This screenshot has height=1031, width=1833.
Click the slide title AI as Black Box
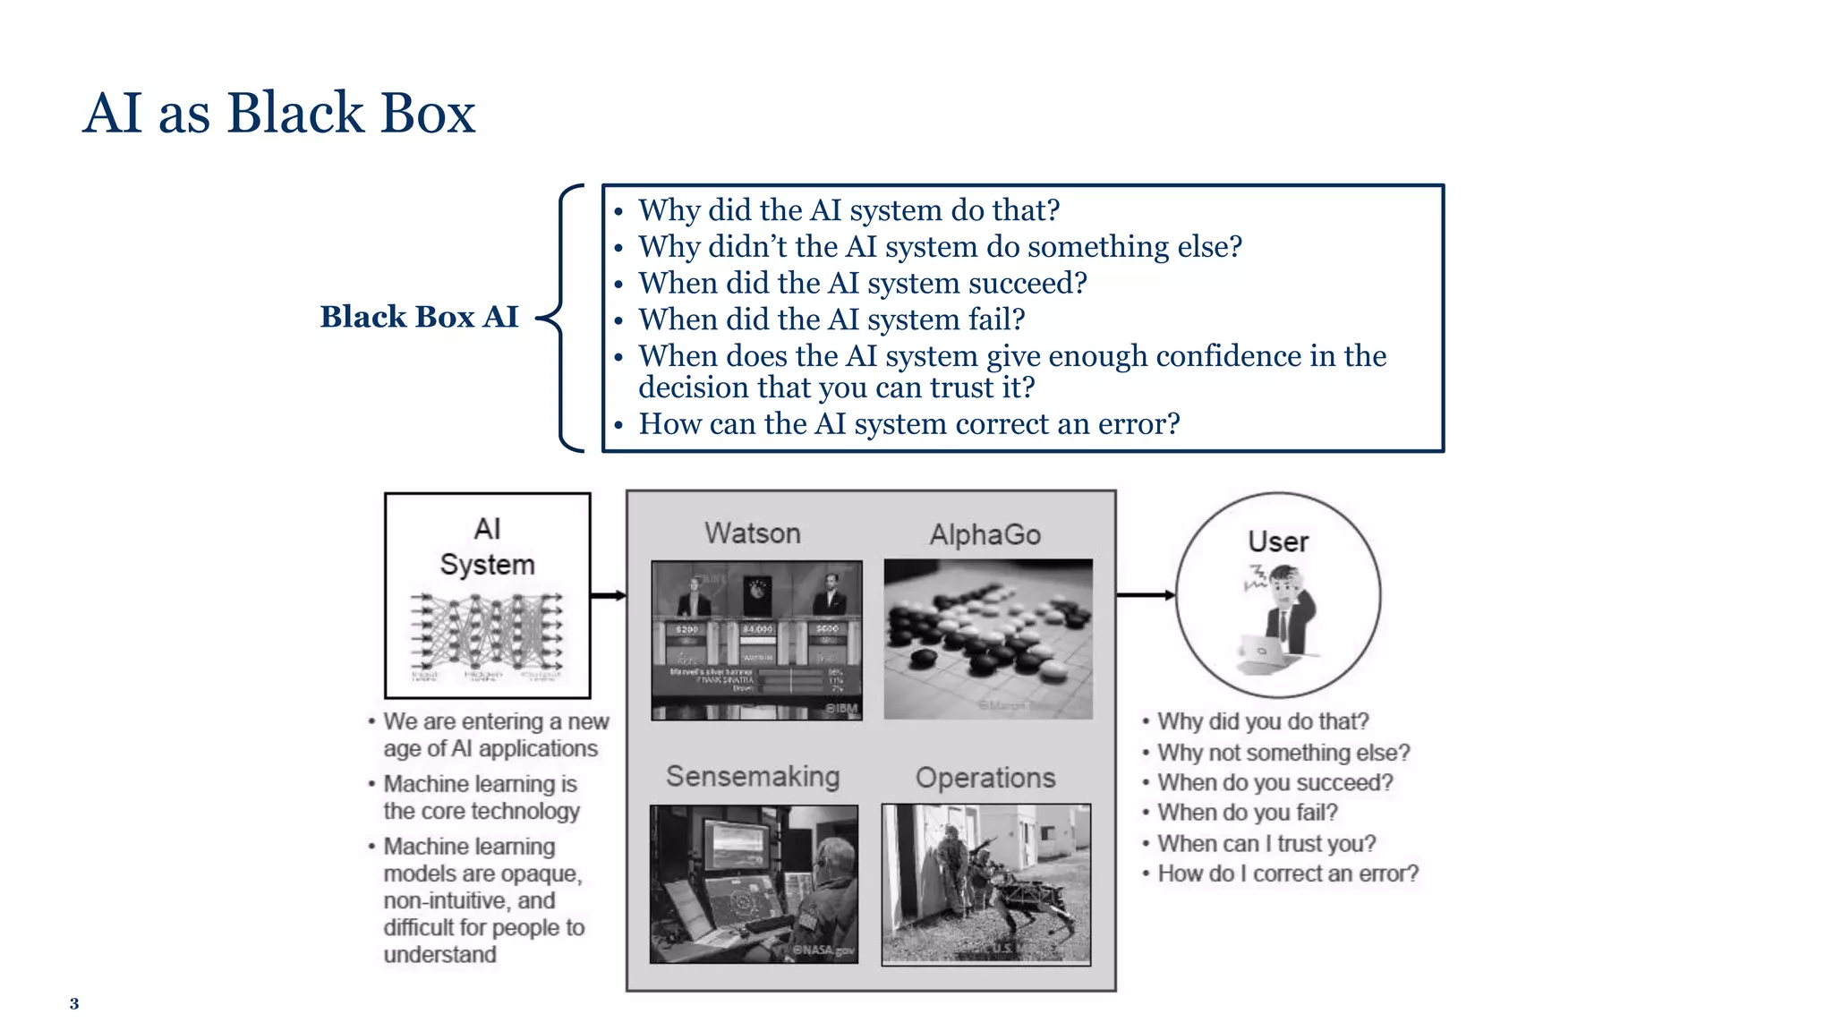pos(278,114)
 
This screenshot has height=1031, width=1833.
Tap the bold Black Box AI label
pos(419,317)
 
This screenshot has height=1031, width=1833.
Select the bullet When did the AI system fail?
pos(831,320)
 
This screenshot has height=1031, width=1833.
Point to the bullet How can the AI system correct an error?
pos(908,424)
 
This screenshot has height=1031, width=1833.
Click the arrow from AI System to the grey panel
pos(608,595)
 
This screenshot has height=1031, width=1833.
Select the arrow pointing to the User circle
pos(1145,595)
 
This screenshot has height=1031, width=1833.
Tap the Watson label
pos(752,533)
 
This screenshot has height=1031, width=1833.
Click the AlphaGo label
pos(985,535)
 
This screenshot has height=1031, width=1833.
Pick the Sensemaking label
pos(753,776)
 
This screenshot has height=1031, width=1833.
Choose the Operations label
pos(985,778)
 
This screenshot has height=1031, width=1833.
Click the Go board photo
pos(988,639)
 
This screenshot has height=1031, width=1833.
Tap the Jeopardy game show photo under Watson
pos(756,640)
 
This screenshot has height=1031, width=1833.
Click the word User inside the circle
pos(1278,542)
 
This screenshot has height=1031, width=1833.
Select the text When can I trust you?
pos(1266,844)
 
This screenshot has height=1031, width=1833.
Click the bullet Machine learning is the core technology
pos(481,797)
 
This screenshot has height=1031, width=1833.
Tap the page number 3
pos(74,1004)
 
